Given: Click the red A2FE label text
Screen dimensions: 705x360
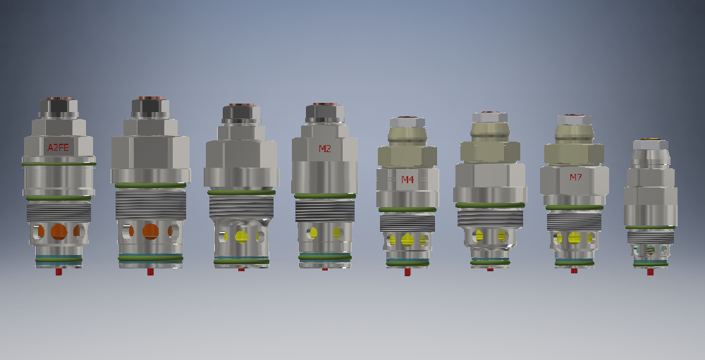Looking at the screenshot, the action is [59, 147].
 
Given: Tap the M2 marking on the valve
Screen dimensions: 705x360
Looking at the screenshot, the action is [324, 149].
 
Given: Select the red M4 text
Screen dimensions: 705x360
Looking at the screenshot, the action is [407, 180].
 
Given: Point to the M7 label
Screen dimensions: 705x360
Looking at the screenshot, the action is [576, 177].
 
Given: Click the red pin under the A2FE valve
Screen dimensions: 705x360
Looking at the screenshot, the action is [59, 271].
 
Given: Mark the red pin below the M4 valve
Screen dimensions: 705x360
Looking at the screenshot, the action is [407, 271].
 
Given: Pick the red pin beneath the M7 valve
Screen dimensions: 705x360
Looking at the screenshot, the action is [574, 271].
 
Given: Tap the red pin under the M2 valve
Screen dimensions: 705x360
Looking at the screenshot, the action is [324, 269].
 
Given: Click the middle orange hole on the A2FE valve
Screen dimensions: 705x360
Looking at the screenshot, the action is [59, 232].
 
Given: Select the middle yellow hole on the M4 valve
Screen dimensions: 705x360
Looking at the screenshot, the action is [407, 240].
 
